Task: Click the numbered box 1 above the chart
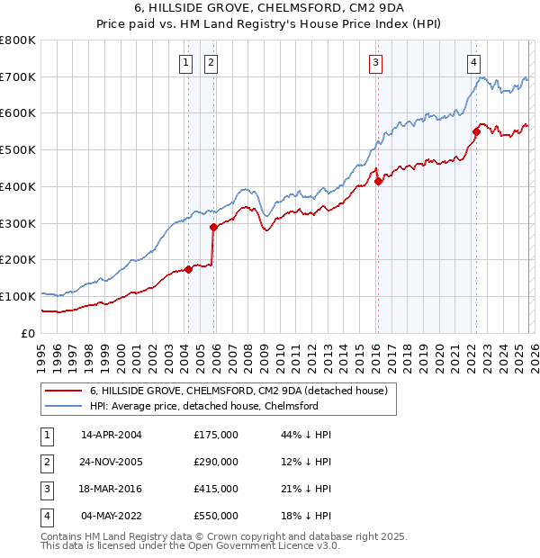pyautogui.click(x=184, y=62)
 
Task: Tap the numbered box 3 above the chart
pyautogui.click(x=374, y=62)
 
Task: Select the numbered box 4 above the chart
pyautogui.click(x=473, y=62)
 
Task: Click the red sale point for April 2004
pyautogui.click(x=188, y=268)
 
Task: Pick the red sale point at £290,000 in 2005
pyautogui.click(x=214, y=227)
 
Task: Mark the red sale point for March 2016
pyautogui.click(x=378, y=181)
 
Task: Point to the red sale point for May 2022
pyautogui.click(x=476, y=131)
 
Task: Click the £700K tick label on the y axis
pyautogui.click(x=18, y=77)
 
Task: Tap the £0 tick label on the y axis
pyautogui.click(x=29, y=333)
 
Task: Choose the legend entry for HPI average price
pyautogui.click(x=203, y=406)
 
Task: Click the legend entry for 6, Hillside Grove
pyautogui.click(x=238, y=391)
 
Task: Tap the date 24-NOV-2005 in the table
pyautogui.click(x=111, y=462)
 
